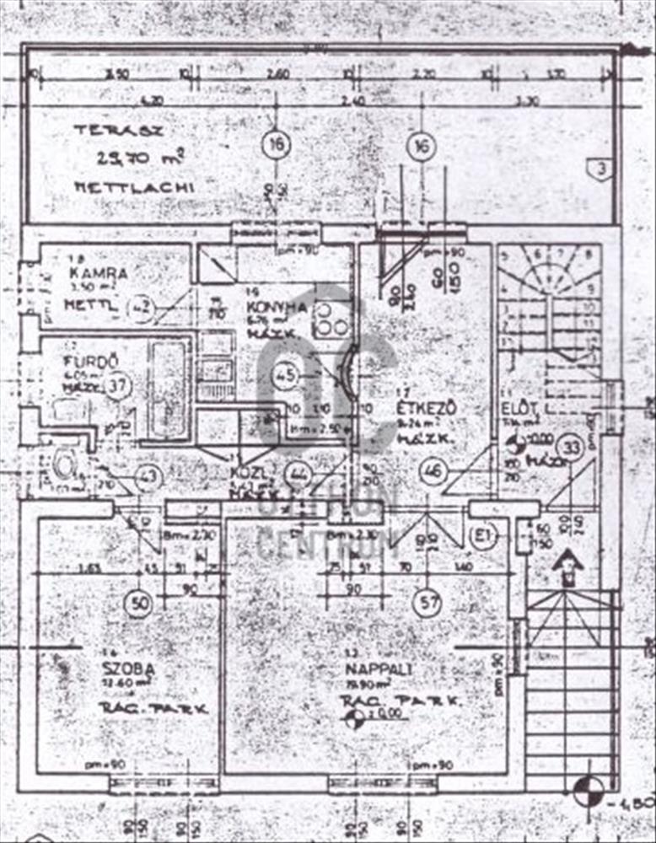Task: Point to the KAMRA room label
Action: [99, 273]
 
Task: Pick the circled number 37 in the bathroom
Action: [120, 386]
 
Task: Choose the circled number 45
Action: [286, 375]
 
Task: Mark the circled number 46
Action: [434, 470]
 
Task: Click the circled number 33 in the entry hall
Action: [573, 448]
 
